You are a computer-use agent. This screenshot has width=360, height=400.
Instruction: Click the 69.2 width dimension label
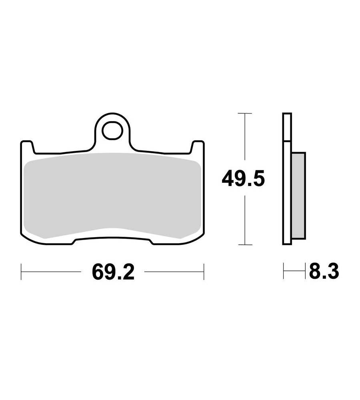pyautogui.click(x=113, y=272)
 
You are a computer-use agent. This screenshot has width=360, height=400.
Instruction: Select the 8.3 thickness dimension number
pyautogui.click(x=324, y=271)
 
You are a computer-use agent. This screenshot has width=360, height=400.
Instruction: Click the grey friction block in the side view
pyautogui.click(x=298, y=196)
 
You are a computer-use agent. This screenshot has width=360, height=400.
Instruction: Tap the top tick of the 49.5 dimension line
pyautogui.click(x=245, y=113)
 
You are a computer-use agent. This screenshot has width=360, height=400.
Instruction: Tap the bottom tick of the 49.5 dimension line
pyautogui.click(x=245, y=245)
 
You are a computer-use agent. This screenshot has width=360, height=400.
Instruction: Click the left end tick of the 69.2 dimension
pyautogui.click(x=21, y=272)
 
